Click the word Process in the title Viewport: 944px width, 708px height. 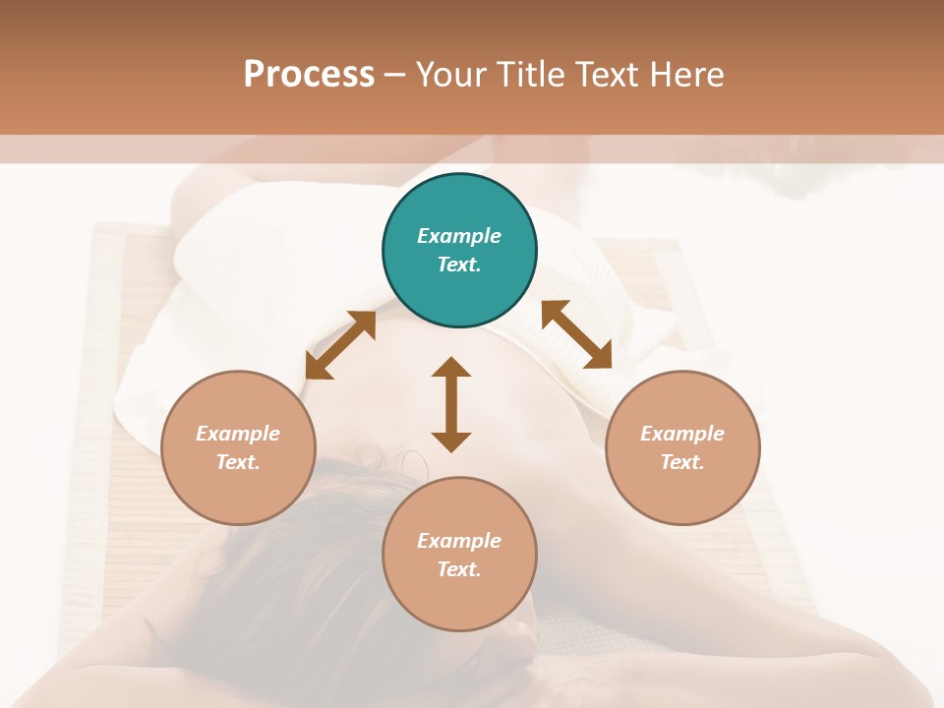(x=309, y=75)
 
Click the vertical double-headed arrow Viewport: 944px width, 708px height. (x=451, y=404)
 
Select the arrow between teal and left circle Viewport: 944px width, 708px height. (x=340, y=345)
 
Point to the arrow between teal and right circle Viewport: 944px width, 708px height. (x=577, y=334)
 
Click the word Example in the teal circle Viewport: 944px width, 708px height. (x=459, y=236)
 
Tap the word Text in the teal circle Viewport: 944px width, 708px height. (x=459, y=265)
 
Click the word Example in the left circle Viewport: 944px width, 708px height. (x=238, y=434)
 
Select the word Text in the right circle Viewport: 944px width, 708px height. (x=682, y=462)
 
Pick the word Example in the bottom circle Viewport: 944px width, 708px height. (x=459, y=541)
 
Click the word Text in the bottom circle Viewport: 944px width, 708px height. (x=459, y=569)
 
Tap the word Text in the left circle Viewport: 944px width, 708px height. (x=238, y=462)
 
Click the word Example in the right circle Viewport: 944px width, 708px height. (x=682, y=434)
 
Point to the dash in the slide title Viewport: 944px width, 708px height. (x=394, y=76)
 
